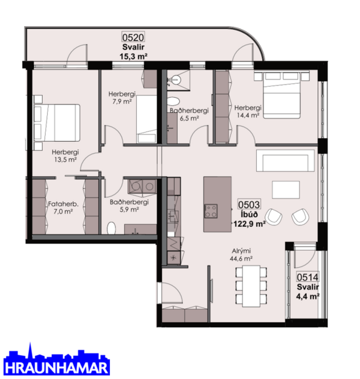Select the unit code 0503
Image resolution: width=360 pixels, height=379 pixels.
coord(249,205)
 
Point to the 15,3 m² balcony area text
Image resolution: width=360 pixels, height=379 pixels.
coord(134,56)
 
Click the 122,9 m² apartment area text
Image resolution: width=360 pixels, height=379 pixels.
coord(249,224)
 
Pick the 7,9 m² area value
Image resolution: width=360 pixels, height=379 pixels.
coord(122,101)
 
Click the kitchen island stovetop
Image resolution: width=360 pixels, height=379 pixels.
coord(211,211)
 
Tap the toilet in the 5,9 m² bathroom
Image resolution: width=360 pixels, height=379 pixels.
coord(112,229)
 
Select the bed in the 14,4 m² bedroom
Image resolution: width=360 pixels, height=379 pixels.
coord(282,94)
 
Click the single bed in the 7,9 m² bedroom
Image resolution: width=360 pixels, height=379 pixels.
coord(146,114)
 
